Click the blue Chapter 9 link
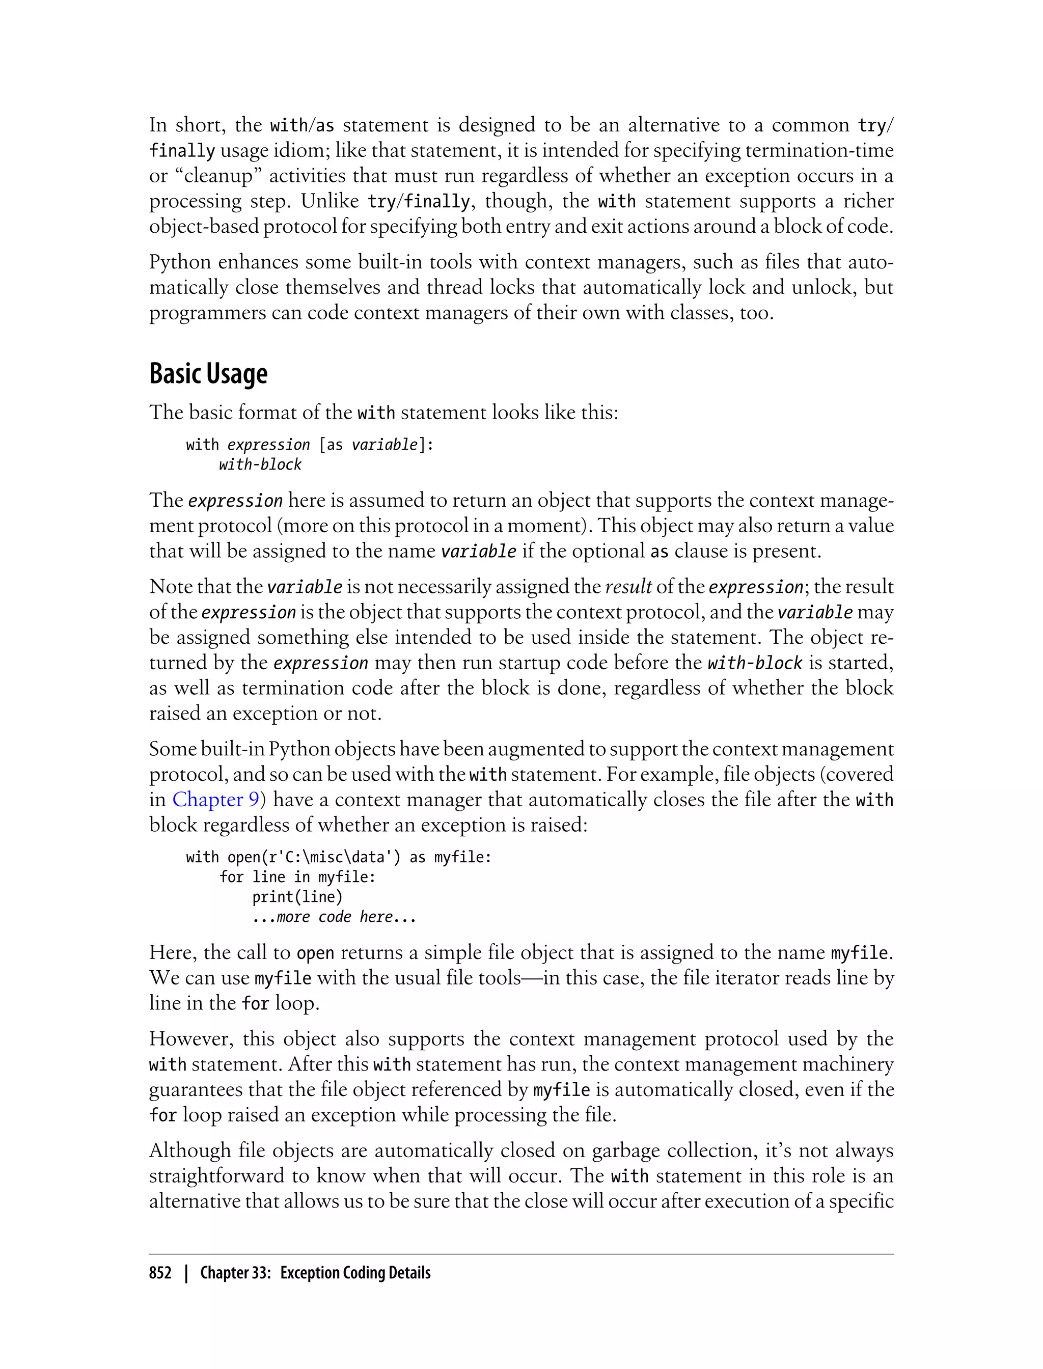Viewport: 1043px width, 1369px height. coord(215,799)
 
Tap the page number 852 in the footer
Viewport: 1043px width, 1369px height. coord(160,1273)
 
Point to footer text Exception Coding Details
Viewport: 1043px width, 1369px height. coord(355,1273)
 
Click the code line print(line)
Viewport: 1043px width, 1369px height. coord(297,896)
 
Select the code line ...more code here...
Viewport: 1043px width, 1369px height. coord(334,916)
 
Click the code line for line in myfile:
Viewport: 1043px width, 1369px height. coord(297,877)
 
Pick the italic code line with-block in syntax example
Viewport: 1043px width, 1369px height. coord(260,464)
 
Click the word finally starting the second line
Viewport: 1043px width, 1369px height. coord(182,151)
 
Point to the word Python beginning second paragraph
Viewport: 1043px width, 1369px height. coord(179,262)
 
